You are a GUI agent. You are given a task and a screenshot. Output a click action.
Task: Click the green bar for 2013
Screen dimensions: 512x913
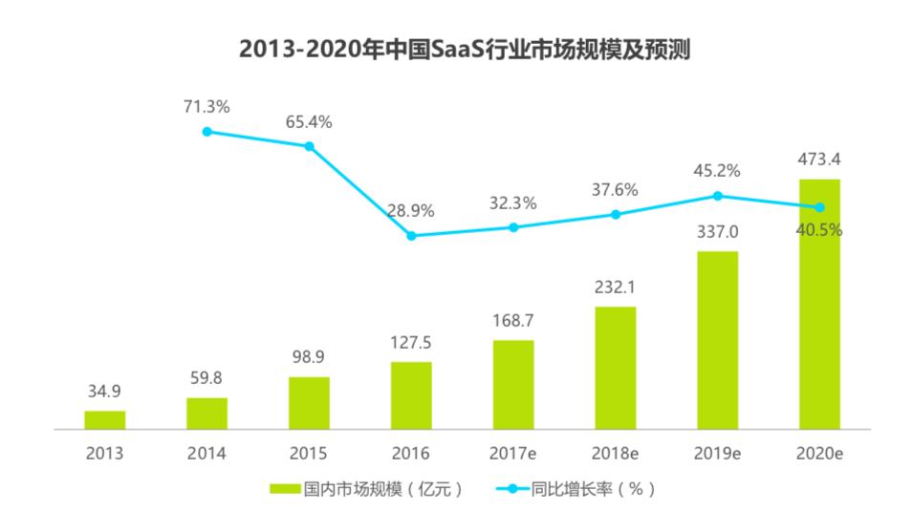click(104, 420)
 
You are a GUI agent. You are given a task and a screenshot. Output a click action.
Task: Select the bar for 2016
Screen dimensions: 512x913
click(411, 396)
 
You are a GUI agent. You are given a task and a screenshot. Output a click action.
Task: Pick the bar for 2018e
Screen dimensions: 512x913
click(615, 369)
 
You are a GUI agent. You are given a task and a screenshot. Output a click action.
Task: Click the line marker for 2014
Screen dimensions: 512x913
click(207, 132)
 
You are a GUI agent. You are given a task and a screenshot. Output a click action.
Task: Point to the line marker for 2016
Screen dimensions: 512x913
click(411, 235)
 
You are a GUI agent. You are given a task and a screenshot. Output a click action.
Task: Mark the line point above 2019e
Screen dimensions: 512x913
click(717, 196)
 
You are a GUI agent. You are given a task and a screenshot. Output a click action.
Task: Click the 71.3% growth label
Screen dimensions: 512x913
click(207, 107)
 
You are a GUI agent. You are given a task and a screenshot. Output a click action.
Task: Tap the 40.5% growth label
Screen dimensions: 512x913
click(819, 230)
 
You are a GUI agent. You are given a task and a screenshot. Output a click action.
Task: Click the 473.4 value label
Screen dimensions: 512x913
click(819, 159)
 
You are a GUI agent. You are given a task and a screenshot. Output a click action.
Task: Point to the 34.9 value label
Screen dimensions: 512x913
click(104, 391)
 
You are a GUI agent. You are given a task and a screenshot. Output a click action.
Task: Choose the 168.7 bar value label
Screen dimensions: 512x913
click(513, 320)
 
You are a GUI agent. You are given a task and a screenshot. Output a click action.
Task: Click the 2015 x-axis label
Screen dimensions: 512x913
click(309, 453)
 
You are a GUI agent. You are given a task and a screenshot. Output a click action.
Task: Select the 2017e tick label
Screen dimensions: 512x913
click(513, 453)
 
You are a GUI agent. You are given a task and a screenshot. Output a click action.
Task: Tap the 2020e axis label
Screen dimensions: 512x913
click(819, 453)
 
